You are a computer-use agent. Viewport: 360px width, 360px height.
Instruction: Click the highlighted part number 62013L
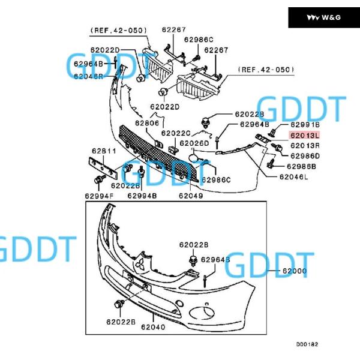305,136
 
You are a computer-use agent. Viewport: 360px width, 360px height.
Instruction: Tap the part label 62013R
305,146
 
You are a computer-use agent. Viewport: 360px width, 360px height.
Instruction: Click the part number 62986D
305,156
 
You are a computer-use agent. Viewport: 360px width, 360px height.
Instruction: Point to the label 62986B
301,166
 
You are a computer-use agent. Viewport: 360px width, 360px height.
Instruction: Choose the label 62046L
293,177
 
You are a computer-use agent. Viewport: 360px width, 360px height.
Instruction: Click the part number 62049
190,196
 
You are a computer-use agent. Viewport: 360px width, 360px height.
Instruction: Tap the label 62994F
100,196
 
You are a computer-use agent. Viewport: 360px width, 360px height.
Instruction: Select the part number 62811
104,151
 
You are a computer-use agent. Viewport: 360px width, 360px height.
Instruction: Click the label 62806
147,123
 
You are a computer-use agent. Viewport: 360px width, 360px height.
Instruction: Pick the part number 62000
295,271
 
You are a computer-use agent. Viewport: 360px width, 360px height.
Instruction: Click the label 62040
153,327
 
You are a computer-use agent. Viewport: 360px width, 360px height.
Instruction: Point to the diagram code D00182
307,344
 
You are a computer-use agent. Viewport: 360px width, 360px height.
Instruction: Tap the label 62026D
195,143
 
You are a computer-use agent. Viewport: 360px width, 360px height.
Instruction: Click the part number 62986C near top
199,40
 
